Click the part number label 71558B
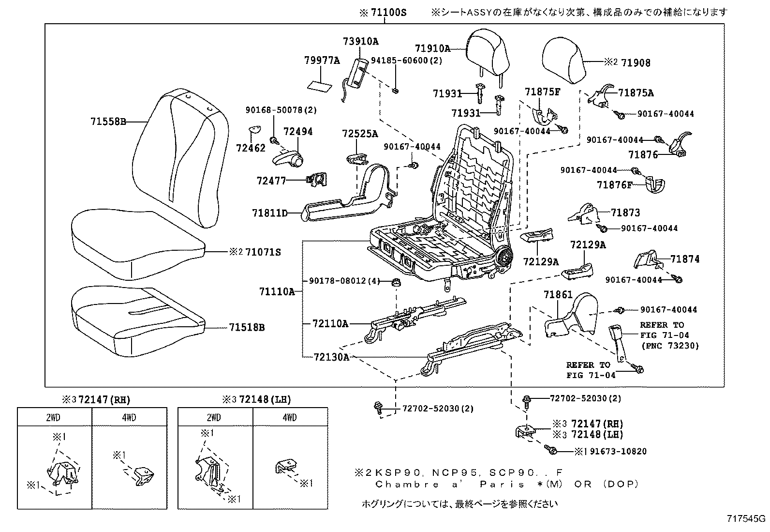click(x=107, y=122)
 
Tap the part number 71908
click(x=636, y=63)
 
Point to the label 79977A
click(x=322, y=60)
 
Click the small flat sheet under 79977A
click(x=320, y=86)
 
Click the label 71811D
click(x=269, y=213)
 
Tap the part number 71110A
click(x=276, y=292)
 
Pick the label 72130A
click(x=331, y=357)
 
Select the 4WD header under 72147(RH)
click(x=129, y=418)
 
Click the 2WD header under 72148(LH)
click(x=214, y=418)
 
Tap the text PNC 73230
click(x=671, y=346)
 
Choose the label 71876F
click(x=614, y=185)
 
